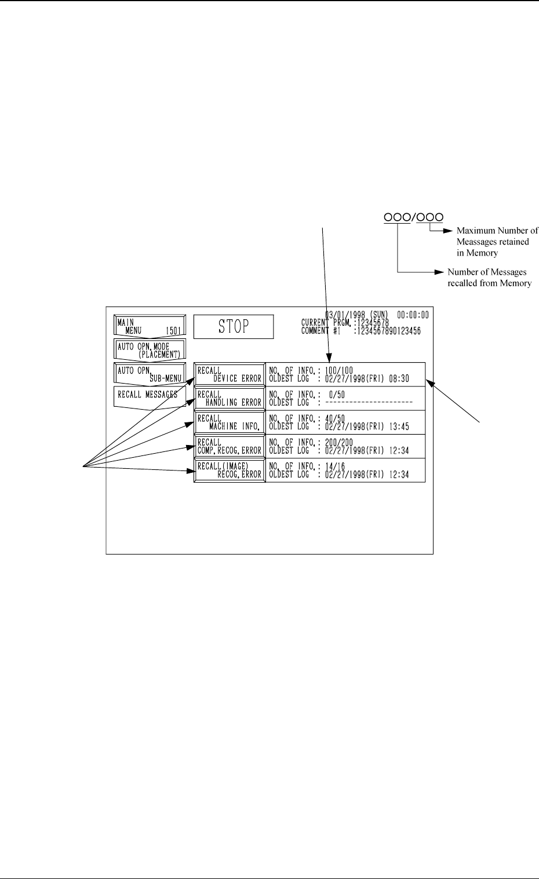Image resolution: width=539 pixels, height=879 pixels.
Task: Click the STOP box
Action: (x=233, y=327)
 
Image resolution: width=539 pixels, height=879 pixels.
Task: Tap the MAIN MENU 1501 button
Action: (x=150, y=326)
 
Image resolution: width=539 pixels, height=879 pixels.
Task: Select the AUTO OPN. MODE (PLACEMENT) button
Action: (x=150, y=351)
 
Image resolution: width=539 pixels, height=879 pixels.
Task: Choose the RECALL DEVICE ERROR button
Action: (x=230, y=374)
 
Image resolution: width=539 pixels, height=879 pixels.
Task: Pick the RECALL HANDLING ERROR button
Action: (x=230, y=398)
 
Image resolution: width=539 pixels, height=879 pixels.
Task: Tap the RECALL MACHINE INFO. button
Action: (x=230, y=422)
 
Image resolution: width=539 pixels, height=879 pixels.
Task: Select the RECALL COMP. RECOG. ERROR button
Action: (x=230, y=446)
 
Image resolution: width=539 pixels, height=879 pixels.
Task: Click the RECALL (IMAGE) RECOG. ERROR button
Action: (x=230, y=470)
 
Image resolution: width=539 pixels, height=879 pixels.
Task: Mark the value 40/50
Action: (x=334, y=418)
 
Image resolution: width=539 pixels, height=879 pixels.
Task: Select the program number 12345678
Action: (x=372, y=323)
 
